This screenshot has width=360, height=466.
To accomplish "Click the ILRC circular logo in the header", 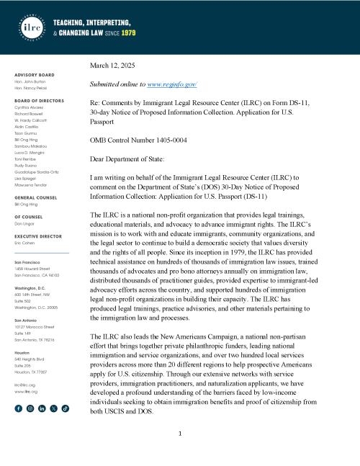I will pos(29,27).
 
